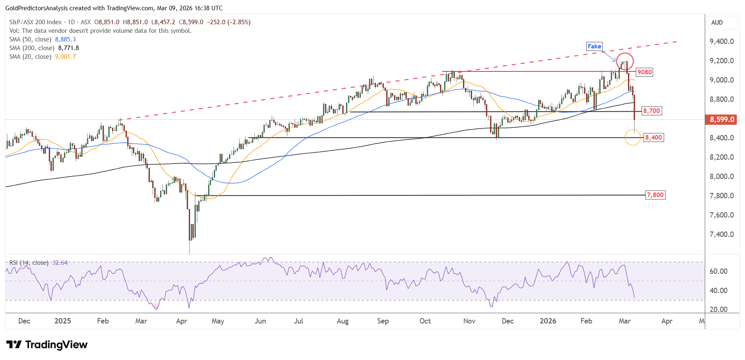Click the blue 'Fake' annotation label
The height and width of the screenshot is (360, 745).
point(594,46)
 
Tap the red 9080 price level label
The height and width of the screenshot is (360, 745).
point(644,72)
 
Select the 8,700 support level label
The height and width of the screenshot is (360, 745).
point(651,111)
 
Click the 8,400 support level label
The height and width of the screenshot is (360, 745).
point(653,138)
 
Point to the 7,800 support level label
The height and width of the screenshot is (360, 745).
point(655,195)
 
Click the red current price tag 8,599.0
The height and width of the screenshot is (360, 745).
point(722,119)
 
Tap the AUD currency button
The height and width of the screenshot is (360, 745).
point(717,23)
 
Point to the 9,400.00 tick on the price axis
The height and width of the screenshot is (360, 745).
point(722,41)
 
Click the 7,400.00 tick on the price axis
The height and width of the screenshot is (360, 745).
point(722,234)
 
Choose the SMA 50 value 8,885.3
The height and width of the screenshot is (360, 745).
point(65,39)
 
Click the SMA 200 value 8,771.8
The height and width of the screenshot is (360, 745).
point(69,48)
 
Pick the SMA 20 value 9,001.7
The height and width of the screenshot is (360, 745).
point(65,57)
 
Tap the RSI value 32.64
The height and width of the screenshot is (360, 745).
point(60,263)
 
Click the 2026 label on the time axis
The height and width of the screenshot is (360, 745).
point(548,321)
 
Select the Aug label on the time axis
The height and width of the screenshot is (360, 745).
point(343,321)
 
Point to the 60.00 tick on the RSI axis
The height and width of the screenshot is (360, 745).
point(718,271)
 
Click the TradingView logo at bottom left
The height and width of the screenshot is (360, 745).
point(47,344)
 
